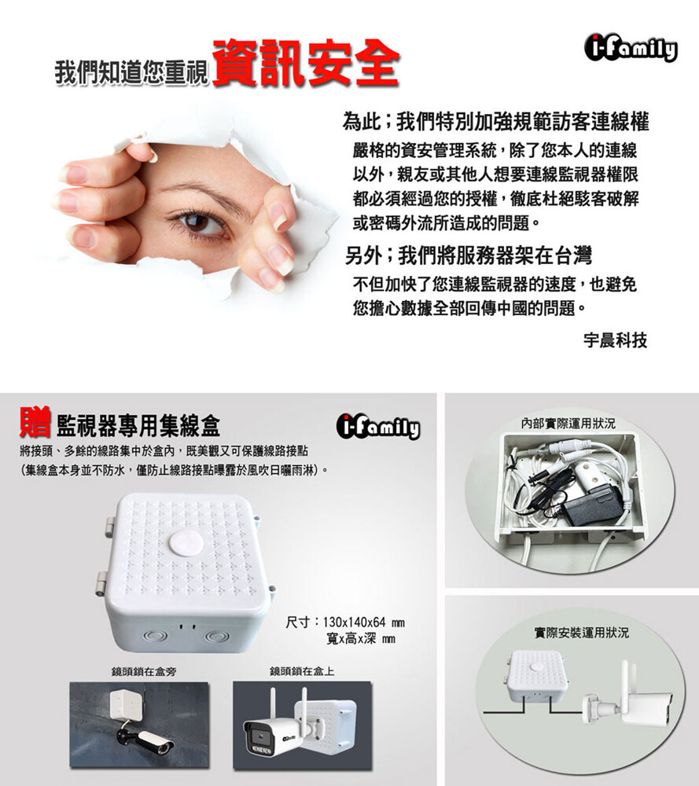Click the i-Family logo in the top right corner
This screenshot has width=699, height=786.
tap(631, 48)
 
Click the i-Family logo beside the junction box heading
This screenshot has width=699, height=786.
tap(378, 427)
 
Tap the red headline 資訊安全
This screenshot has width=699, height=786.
tap(305, 63)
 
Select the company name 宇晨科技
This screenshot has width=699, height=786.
tap(615, 340)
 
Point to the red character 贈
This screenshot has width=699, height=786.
tap(35, 423)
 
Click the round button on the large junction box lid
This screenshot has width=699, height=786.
tap(186, 543)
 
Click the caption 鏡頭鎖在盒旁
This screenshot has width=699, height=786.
tap(144, 671)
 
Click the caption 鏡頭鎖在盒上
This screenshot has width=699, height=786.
tap(302, 671)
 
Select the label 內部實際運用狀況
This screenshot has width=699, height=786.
tap(568, 424)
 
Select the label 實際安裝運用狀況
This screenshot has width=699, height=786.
tap(581, 633)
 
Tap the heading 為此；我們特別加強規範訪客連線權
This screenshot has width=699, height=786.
tap(496, 121)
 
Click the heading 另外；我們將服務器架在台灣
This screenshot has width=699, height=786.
tap(469, 255)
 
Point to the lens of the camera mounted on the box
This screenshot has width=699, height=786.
tap(259, 736)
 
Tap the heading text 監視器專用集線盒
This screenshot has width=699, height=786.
tap(138, 426)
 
